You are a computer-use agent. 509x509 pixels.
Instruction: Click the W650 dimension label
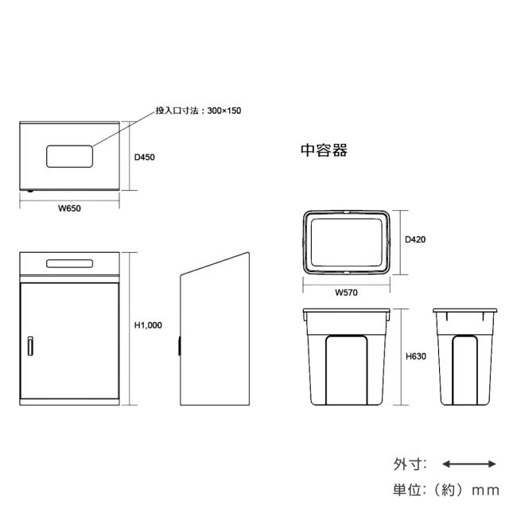coord(69,208)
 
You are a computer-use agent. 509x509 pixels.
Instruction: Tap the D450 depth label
coord(145,157)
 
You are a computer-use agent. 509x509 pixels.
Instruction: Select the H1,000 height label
coord(148,325)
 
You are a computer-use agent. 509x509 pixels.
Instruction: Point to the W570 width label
coord(347,293)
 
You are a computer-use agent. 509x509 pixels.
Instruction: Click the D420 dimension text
coord(415,239)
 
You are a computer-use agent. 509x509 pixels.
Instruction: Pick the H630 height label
coord(416,356)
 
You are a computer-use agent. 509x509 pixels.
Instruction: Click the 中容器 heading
coord(324,150)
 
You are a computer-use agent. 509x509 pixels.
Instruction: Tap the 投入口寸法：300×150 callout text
coord(198,111)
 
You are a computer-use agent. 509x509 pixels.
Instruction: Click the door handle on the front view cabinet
coord(30,346)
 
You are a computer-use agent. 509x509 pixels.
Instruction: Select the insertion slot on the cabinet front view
coord(69,263)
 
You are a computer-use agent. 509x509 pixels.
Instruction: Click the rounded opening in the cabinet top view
coord(69,157)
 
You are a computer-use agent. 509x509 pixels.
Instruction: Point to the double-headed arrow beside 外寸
coord(469,464)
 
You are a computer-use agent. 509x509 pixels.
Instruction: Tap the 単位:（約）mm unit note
coord(446,490)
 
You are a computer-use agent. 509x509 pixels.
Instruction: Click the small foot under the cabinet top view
coord(30,191)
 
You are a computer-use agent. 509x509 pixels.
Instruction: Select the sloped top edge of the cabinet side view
coord(215,264)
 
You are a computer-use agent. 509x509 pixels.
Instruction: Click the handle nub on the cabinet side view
coord(179,346)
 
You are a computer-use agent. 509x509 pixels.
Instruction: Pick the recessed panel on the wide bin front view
coord(347,371)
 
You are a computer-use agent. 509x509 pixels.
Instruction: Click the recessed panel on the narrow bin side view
coord(464,371)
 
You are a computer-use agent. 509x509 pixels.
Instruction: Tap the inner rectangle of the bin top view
coord(347,243)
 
